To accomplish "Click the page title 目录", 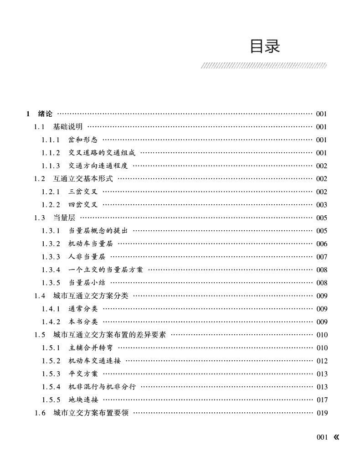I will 264,47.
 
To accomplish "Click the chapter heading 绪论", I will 46,114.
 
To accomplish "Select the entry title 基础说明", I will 68,127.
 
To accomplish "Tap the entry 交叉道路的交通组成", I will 102,153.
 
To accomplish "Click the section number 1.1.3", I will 51,166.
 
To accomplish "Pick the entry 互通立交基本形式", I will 82,179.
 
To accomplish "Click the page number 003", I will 322,205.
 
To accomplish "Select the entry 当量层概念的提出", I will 98,231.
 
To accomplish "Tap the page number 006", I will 322,244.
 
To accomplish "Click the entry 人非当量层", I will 87,257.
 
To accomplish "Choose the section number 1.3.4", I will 51,270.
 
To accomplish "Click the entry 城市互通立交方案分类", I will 91,296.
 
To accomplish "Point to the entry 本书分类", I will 83,322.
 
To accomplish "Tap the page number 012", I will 322,361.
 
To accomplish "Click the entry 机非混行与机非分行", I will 102,387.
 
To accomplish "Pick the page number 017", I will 322,400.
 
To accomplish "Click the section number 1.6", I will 40,413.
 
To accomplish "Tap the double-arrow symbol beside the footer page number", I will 337,437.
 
